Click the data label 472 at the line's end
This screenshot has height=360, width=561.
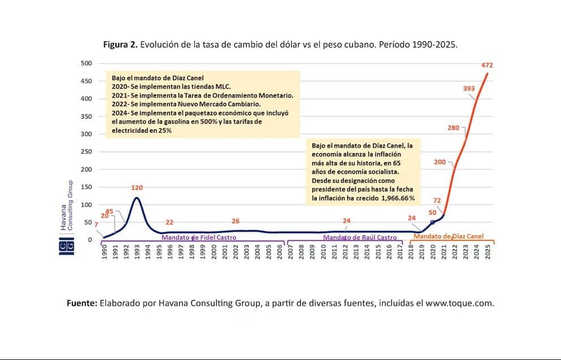[487, 65]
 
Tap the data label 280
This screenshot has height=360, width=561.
[454, 128]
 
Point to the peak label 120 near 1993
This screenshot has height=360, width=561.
[137, 188]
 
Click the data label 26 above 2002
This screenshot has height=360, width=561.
[236, 221]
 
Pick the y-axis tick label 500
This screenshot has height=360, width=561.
[85, 63]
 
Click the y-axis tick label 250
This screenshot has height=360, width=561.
[85, 152]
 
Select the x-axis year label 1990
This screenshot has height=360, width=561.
[105, 253]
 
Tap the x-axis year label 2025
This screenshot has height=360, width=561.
[487, 253]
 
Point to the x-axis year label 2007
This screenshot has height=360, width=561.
[291, 253]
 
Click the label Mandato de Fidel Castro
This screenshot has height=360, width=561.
[199, 238]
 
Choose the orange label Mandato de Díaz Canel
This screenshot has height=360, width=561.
[448, 236]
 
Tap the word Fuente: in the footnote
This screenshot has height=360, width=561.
[82, 303]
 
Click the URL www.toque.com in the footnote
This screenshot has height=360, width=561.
[459, 303]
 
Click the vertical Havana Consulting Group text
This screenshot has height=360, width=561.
[67, 205]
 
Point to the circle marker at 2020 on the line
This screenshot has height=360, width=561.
[433, 222]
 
